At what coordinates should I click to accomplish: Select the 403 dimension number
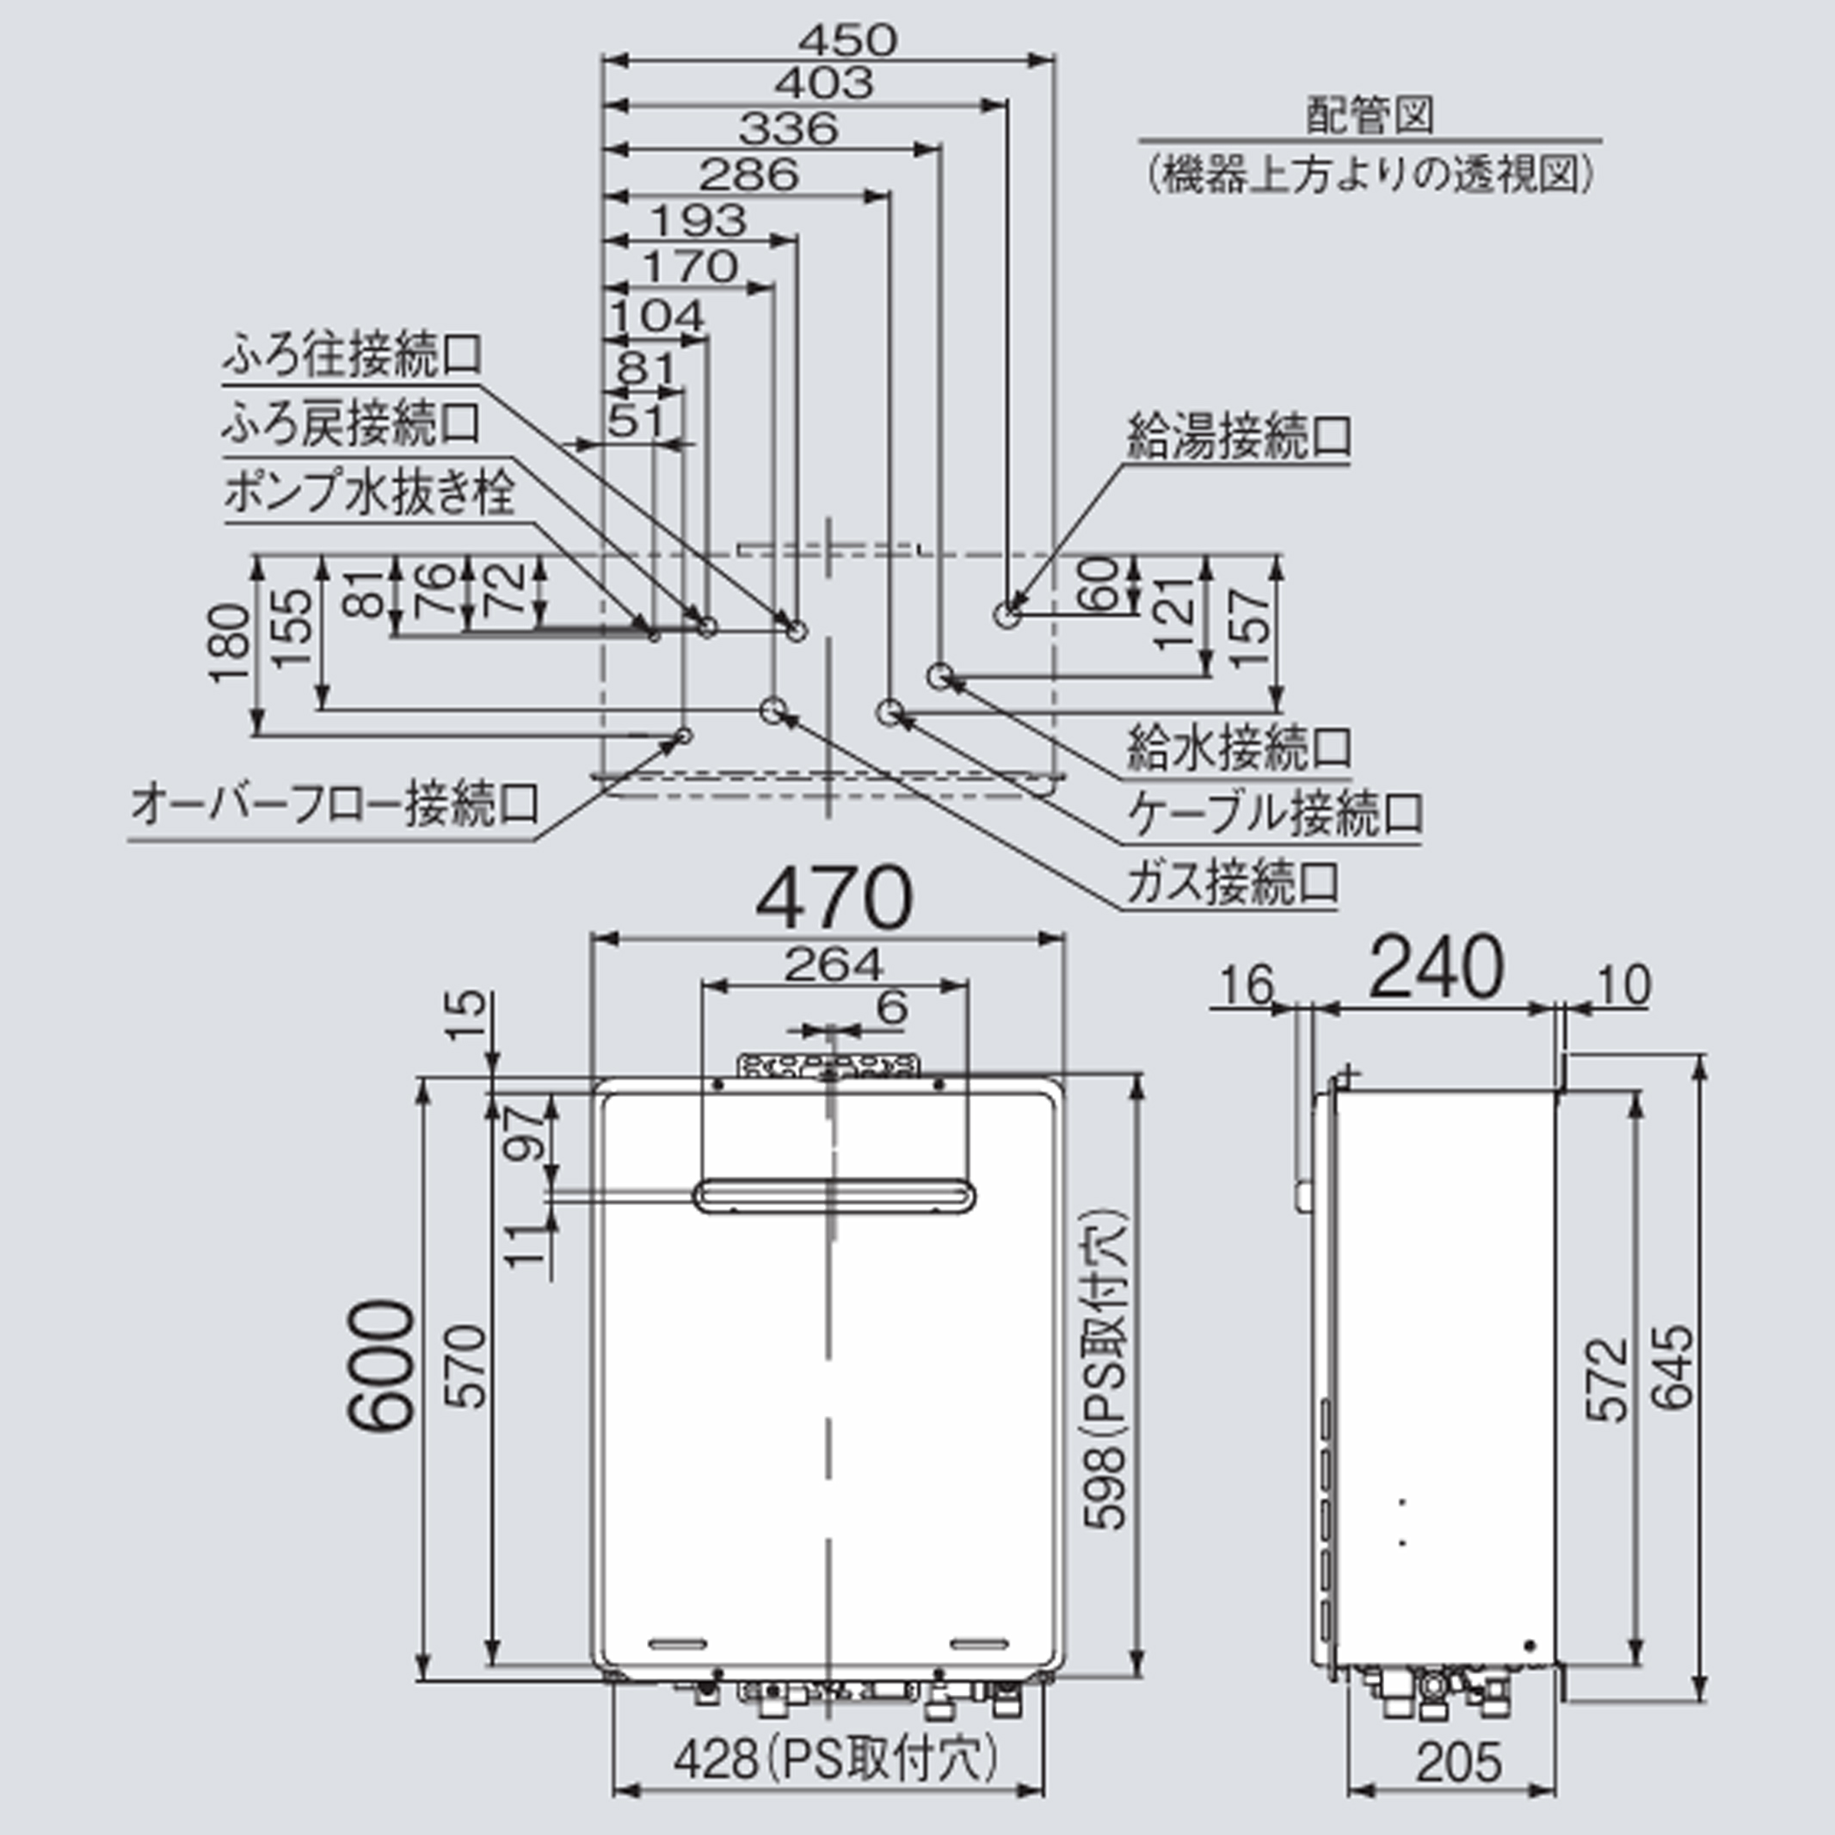click(823, 83)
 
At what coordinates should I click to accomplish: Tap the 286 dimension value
click(749, 175)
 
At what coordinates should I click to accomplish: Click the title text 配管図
click(1370, 115)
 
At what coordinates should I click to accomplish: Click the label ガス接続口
click(1233, 883)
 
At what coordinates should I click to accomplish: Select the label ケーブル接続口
click(1275, 813)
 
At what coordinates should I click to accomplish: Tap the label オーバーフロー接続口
click(335, 804)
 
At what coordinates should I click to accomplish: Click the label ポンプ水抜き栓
click(369, 493)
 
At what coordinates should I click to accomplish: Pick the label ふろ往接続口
click(353, 355)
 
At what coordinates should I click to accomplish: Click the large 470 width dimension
click(834, 897)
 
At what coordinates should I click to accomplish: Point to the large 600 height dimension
click(381, 1366)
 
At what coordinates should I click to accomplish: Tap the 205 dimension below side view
click(1459, 1763)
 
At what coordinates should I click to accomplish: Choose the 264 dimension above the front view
click(833, 966)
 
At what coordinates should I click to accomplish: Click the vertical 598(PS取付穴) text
click(1105, 1370)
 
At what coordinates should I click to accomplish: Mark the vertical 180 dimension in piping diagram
click(231, 643)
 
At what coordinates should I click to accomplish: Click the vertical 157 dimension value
click(1253, 630)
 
